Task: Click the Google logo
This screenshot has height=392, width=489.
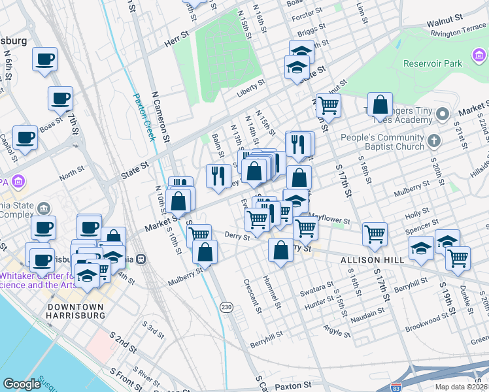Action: click(22, 384)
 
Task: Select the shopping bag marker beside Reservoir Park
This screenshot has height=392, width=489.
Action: click(380, 104)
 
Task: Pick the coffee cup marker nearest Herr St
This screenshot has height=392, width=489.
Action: click(45, 59)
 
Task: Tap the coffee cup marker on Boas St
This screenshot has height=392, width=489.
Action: click(60, 99)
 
